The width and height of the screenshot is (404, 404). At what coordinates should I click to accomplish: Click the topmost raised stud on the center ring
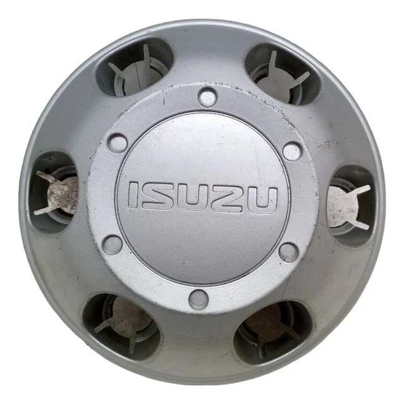pyautogui.click(x=207, y=97)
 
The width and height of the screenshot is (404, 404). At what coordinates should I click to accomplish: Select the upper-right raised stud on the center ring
pyautogui.click(x=291, y=151)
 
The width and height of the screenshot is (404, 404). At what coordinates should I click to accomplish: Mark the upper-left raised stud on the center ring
pyautogui.click(x=117, y=142)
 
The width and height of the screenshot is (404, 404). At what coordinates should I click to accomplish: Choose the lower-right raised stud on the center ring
pyautogui.click(x=288, y=251)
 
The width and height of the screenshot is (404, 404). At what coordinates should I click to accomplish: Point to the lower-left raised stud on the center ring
pyautogui.click(x=113, y=244)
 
